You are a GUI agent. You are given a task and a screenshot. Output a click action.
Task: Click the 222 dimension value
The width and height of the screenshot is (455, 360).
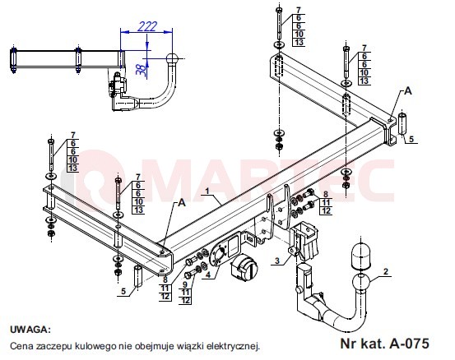[147, 26]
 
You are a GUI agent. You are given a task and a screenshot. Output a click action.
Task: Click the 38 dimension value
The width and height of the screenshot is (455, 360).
[142, 70]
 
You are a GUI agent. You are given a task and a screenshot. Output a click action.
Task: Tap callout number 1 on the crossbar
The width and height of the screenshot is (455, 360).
[207, 191]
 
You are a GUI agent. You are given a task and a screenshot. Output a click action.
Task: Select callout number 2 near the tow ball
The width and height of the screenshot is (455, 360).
[385, 271]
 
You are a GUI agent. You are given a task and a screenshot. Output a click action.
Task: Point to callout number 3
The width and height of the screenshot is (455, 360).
[277, 261]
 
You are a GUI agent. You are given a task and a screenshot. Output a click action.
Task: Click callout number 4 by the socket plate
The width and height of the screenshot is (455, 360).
[208, 275]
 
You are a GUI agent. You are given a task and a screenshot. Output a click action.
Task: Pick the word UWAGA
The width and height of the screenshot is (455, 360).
[30, 330]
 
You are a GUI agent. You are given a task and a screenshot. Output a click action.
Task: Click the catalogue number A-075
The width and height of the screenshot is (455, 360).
[409, 344]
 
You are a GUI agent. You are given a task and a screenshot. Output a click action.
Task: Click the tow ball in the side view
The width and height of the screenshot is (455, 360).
[172, 59]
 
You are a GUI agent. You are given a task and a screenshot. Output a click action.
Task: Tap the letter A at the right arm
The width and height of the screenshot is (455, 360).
[408, 91]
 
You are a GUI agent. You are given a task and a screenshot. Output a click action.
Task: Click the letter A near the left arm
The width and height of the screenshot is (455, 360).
[182, 203]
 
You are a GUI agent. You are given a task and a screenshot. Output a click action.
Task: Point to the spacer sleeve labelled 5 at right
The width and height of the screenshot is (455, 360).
[403, 124]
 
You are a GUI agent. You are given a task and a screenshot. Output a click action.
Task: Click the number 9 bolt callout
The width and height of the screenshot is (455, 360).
[185, 285]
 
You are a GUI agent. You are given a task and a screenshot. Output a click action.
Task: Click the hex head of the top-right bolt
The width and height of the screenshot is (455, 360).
[279, 10]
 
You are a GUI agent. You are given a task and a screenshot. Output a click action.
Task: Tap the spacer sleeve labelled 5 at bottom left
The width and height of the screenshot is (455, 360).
[138, 275]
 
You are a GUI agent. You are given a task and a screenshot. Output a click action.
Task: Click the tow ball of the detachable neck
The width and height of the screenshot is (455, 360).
[360, 283]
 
